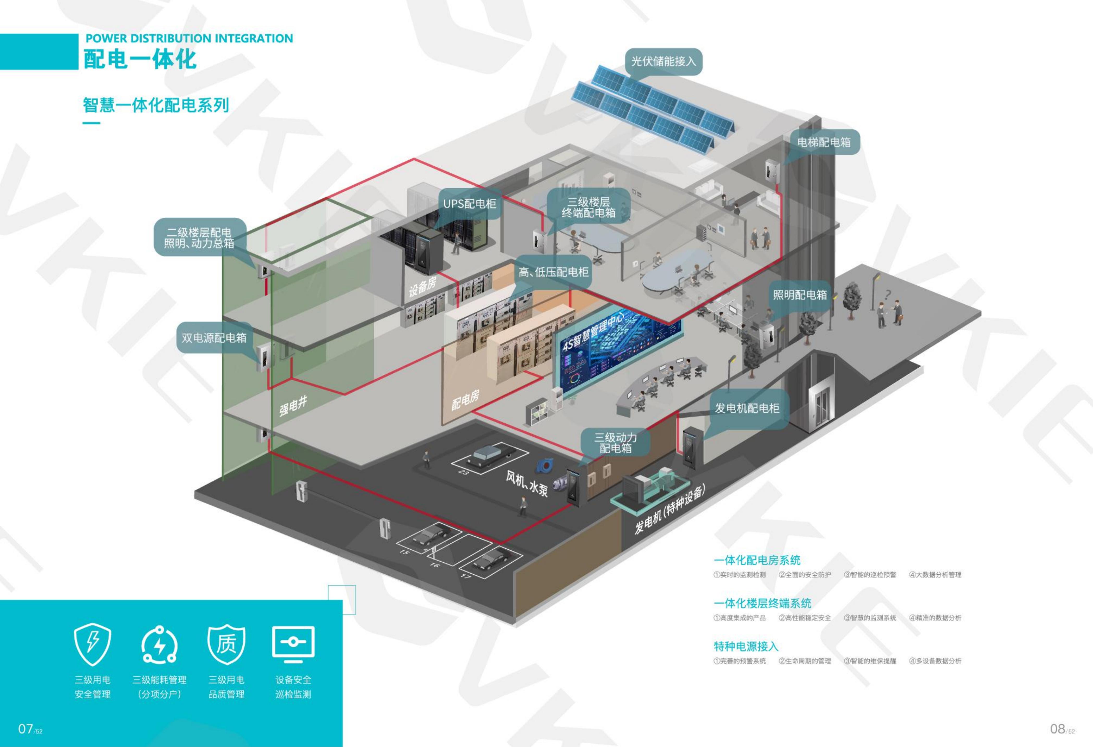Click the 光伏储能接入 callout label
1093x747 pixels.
663,61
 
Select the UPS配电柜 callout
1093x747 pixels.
469,204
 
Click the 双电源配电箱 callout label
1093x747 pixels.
214,338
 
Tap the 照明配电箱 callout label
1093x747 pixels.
800,295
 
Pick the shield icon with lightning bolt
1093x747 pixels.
93,645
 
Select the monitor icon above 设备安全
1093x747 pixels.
293,642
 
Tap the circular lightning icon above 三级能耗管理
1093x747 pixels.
159,645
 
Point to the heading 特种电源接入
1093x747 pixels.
746,646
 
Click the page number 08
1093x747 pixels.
1057,729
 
